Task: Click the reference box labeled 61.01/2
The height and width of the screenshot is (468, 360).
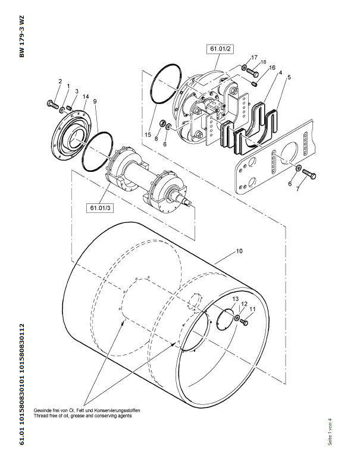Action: pos(220,49)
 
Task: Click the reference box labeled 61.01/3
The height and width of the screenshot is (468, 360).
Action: pos(100,208)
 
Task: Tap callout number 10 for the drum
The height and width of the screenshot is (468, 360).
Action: pos(239,251)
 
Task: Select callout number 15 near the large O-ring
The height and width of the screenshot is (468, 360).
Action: pos(148,134)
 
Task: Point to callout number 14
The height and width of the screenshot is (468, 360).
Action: pos(86,96)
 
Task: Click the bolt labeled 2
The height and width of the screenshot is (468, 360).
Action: pos(52,105)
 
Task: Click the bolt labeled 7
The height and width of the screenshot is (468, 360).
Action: pos(309,174)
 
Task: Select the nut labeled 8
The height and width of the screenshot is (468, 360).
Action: pos(163,123)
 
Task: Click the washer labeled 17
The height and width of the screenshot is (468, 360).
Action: pos(244,67)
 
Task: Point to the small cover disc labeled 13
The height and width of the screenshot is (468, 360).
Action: pos(226,320)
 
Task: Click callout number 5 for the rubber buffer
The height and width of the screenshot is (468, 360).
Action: pos(289,77)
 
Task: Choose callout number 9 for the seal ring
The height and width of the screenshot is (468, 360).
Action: pos(95,102)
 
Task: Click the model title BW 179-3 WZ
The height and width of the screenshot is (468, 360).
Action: pos(22,36)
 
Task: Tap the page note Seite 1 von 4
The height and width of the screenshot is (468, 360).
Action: pos(330,432)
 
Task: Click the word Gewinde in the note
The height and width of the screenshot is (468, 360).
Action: pos(42,410)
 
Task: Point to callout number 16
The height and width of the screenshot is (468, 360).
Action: pos(272,68)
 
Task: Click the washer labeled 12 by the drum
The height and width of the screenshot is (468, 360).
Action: pos(237,318)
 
